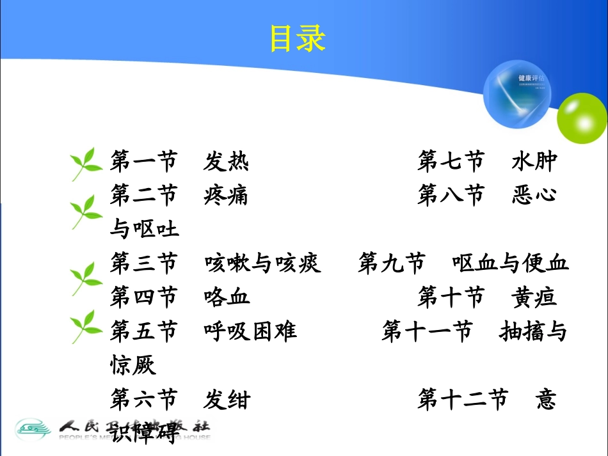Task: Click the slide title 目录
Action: click(298, 38)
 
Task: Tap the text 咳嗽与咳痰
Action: click(262, 263)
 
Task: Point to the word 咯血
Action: click(227, 297)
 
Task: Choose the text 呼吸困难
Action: click(250, 331)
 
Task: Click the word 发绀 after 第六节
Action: click(227, 400)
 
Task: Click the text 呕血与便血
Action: click(510, 263)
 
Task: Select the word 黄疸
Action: click(534, 297)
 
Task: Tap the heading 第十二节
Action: click(462, 400)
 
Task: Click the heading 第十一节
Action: click(427, 331)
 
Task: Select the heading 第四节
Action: click(143, 297)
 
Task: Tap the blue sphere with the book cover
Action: click(517, 95)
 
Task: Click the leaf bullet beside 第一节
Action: click(86, 164)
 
